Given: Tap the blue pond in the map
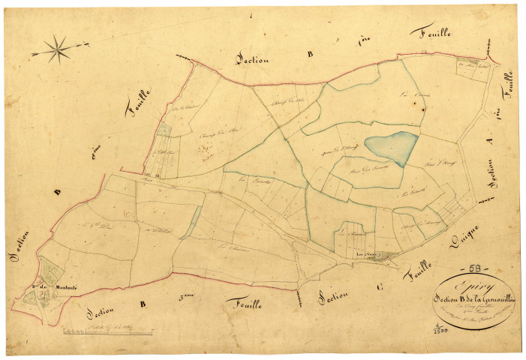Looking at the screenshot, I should [389, 147].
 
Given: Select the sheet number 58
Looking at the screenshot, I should [476, 268].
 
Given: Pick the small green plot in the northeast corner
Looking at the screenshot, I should [471, 65].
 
